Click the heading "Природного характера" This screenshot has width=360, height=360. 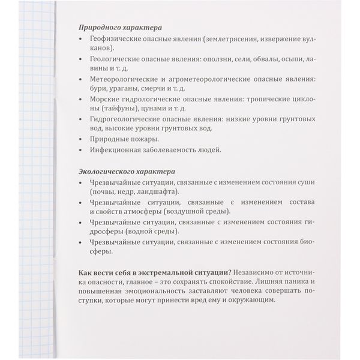click(x=120, y=28)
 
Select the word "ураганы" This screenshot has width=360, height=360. click(x=123, y=91)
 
